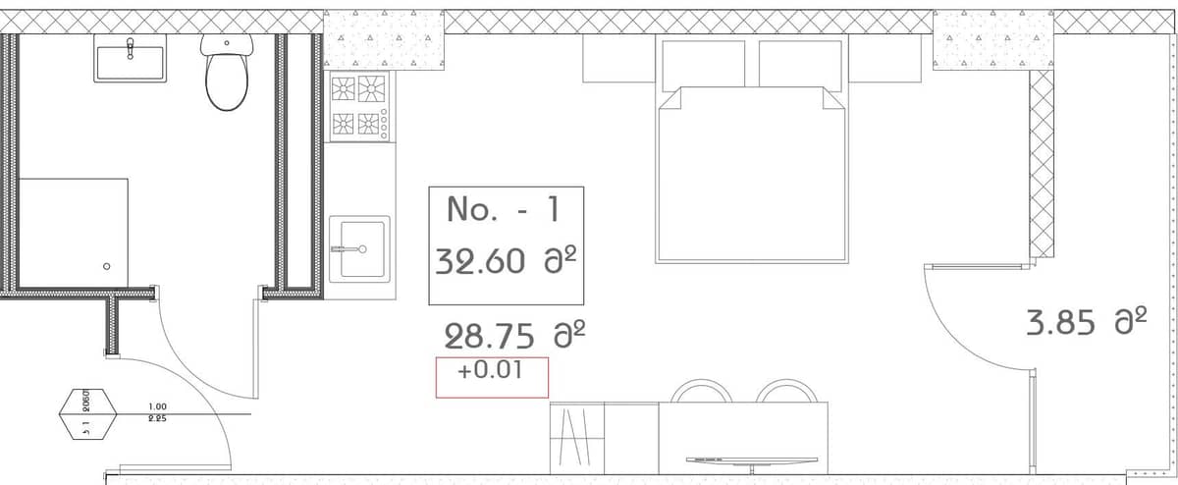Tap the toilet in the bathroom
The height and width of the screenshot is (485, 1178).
[228, 74]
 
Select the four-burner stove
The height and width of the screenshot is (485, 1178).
[358, 105]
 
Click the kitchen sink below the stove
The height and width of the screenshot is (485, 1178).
[358, 249]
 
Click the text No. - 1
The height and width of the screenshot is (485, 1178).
[503, 209]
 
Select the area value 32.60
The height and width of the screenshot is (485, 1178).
[489, 263]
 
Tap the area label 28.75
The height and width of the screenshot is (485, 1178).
[491, 337]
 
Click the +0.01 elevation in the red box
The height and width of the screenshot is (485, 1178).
[491, 373]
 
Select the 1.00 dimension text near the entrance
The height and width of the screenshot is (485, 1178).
[156, 406]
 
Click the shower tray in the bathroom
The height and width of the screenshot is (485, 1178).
[74, 233]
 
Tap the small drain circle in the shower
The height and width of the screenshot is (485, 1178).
[107, 266]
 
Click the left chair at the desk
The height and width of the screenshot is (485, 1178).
[699, 392]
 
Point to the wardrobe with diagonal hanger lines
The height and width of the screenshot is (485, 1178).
[576, 438]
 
